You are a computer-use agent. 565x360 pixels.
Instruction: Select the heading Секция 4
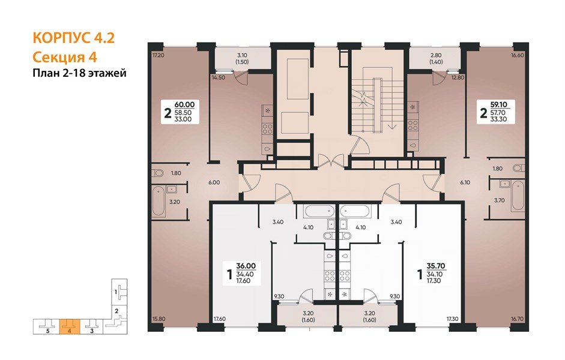pyautogui.click(x=64, y=57)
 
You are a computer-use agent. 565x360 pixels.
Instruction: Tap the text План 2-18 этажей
pyautogui.click(x=79, y=73)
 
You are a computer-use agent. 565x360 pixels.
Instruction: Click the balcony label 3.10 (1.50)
pyautogui.click(x=242, y=58)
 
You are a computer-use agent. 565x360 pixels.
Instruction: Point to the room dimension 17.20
pyautogui.click(x=158, y=55)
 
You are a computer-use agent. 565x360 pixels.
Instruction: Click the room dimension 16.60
pyautogui.click(x=517, y=55)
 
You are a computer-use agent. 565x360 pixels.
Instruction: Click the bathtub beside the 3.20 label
pyautogui.click(x=159, y=201)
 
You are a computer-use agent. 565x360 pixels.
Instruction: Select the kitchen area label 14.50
pyautogui.click(x=217, y=77)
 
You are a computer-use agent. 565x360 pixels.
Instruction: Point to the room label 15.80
pyautogui.click(x=158, y=319)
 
